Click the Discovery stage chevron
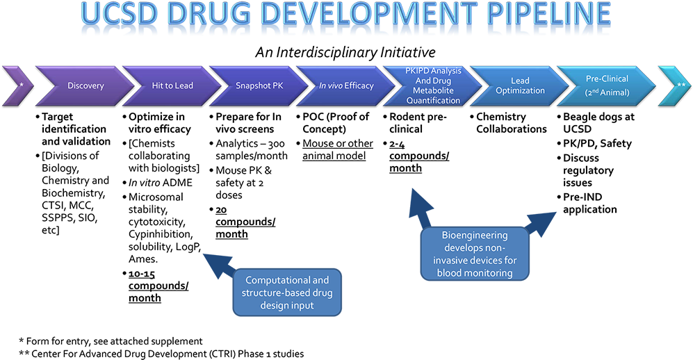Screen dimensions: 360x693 85,86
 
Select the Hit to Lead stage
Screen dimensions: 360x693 172,86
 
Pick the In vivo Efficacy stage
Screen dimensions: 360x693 346,86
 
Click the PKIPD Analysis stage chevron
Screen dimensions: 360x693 432,86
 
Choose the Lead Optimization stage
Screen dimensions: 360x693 520,86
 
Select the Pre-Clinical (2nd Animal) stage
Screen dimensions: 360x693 606,86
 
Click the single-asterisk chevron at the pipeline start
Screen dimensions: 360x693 19,86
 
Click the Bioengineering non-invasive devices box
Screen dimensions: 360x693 475,254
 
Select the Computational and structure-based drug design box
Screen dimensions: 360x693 287,293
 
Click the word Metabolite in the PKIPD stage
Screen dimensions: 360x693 432,91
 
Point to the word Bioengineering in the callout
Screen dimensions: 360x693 475,236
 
